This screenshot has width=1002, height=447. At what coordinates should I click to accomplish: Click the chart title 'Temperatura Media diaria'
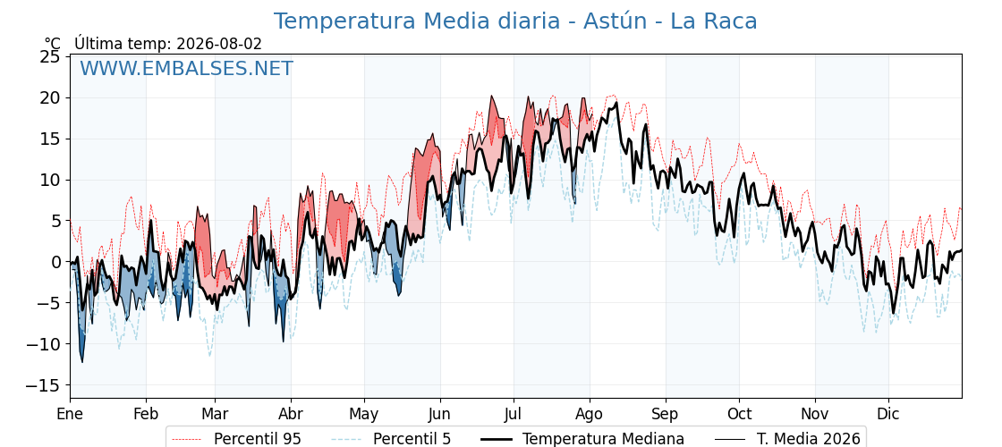click(415, 21)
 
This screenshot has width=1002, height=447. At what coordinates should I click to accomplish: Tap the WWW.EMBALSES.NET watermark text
click(187, 68)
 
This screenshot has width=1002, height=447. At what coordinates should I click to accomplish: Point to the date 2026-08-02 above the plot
click(219, 44)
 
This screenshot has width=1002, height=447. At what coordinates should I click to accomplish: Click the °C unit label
click(53, 44)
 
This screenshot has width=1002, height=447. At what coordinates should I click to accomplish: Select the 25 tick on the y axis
click(52, 57)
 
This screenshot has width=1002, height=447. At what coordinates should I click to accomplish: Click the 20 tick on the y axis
click(52, 97)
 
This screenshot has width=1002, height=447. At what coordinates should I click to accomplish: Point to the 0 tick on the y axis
click(57, 262)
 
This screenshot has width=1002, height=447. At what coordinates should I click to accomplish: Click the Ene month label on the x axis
click(70, 414)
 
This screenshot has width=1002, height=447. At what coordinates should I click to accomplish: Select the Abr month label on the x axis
click(291, 414)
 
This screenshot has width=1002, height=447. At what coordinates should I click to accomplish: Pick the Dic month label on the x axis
click(888, 414)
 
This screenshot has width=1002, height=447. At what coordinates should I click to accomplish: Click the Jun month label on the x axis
click(439, 414)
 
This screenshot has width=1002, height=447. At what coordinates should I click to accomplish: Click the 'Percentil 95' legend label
click(258, 439)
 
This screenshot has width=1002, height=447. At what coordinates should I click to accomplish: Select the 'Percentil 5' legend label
click(412, 439)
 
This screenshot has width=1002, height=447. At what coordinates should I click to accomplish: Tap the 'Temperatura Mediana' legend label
click(603, 439)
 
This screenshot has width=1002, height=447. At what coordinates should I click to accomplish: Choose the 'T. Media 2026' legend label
click(809, 439)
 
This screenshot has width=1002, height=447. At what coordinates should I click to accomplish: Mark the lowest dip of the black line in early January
click(81, 362)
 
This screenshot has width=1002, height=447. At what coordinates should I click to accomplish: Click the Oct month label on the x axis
click(739, 414)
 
